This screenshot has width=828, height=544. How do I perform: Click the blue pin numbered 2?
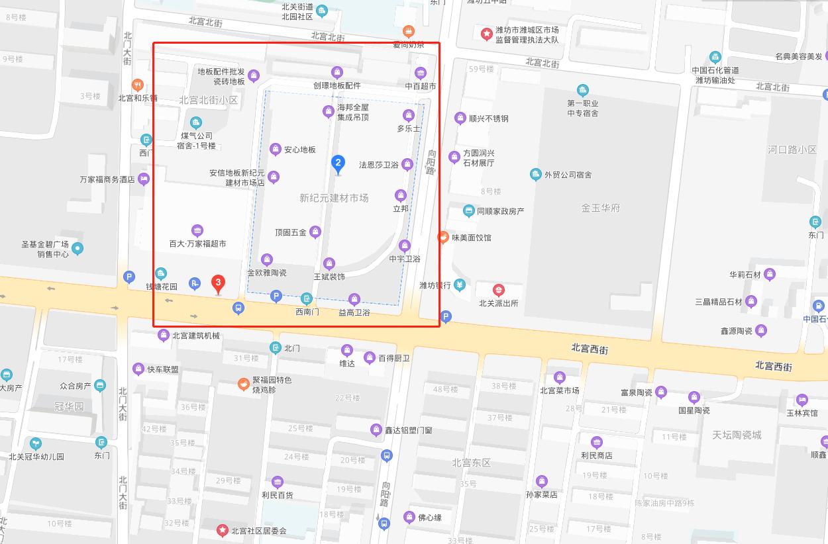coord(338,163)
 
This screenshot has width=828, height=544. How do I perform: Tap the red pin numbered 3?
coord(217,283)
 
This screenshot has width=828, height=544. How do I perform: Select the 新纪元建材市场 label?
coord(334,198)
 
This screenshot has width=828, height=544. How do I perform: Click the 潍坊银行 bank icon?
coord(460,285)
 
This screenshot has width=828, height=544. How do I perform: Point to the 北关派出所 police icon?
coord(498,290)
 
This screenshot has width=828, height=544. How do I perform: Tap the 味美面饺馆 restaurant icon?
coord(443,237)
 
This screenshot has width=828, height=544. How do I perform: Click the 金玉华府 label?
coord(601,208)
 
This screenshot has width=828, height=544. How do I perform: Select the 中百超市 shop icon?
coord(421,73)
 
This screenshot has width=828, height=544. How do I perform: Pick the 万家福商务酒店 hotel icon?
coord(144,179)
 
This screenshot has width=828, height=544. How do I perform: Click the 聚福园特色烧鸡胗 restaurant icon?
coord(244,384)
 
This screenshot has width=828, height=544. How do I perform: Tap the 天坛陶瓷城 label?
coord(737,435)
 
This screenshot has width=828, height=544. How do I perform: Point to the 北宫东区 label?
coord(471,463)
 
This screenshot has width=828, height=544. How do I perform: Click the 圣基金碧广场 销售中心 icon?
coord(78,249)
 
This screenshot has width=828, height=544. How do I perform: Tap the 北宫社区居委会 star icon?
coord(223,530)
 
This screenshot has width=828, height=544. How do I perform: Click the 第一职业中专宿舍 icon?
coord(582,90)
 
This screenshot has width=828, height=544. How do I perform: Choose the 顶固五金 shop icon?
coord(315,232)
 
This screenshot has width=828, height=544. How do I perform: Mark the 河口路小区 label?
coord(792,150)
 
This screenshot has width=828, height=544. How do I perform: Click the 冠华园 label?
coord(69,406)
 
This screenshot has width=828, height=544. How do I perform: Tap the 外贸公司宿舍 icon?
coord(536,175)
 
